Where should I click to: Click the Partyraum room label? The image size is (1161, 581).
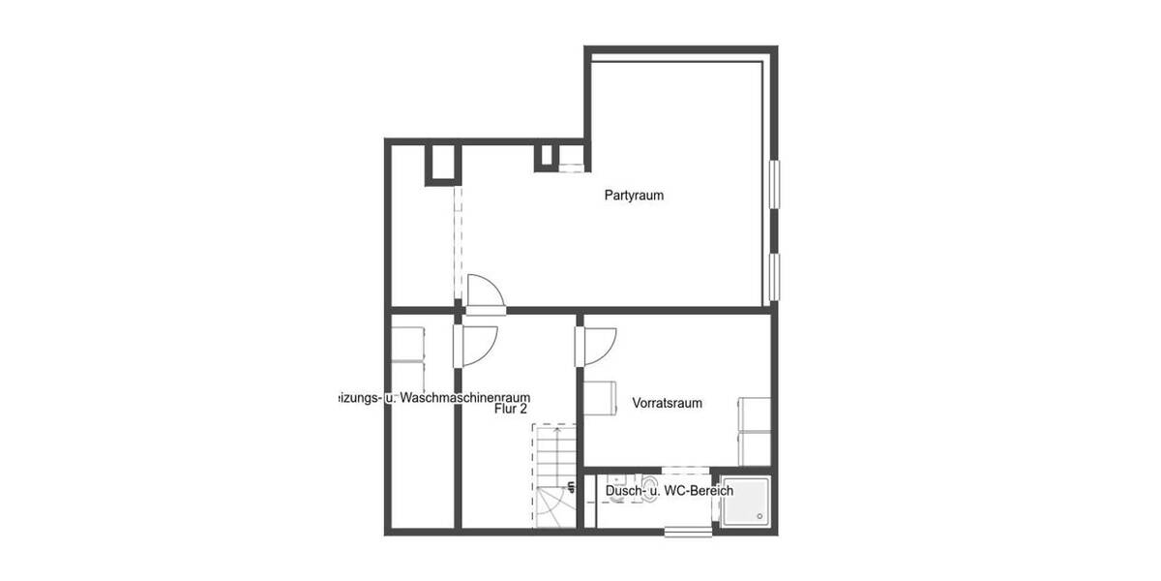point(634,196)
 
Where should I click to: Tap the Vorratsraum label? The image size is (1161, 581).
point(667,403)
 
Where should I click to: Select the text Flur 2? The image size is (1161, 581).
point(509,410)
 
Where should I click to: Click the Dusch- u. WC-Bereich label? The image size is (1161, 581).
point(669,491)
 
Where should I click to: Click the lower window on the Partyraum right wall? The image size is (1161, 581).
point(775,276)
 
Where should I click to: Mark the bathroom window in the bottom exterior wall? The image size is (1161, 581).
point(688,530)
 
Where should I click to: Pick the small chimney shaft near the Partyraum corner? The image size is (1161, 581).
point(547,156)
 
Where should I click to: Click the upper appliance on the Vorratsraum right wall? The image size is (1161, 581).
point(754,413)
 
